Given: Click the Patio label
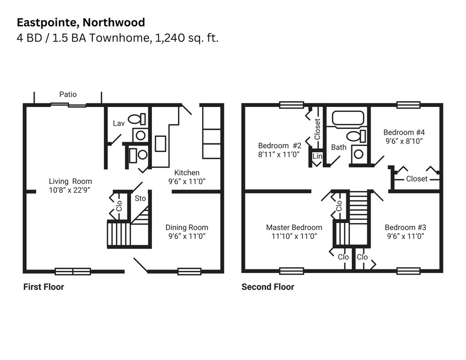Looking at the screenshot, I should click(x=68, y=95).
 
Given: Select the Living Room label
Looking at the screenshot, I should click(x=70, y=181).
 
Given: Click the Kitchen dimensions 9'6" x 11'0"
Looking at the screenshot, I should click(x=187, y=181).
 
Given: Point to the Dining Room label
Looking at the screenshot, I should click(x=187, y=228).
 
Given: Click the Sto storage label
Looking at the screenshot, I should click(x=140, y=198).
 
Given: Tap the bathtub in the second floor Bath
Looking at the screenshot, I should click(x=348, y=118).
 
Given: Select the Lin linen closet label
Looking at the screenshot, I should click(x=317, y=157).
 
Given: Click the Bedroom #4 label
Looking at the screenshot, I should click(x=404, y=132).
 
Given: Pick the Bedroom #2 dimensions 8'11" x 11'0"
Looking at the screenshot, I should click(x=279, y=154).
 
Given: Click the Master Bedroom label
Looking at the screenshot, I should click(x=294, y=228).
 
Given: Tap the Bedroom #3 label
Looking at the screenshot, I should click(x=405, y=228).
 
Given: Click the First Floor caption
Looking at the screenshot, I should click(x=44, y=287).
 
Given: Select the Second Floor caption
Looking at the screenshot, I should click(x=268, y=287).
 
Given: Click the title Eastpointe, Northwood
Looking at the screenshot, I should click(x=81, y=22).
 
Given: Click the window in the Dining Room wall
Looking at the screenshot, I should click(x=189, y=272).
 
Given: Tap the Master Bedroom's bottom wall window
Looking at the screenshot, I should click(x=292, y=271).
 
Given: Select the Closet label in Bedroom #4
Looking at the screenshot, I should click(x=416, y=179).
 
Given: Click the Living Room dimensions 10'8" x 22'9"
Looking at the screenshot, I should click(x=70, y=190).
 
